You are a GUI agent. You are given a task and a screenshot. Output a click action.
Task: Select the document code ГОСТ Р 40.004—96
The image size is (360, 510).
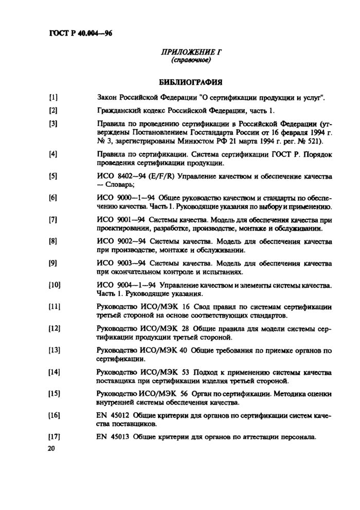pyautogui.click(x=80, y=34)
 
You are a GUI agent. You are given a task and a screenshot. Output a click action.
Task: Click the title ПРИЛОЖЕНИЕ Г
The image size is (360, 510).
pyautogui.click(x=190, y=52)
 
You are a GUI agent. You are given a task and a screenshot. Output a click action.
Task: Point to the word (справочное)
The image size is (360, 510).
pyautogui.click(x=190, y=61)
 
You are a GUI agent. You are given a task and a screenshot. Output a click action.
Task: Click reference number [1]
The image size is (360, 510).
pyautogui.click(x=53, y=96)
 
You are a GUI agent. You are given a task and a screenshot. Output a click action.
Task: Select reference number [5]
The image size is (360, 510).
pyautogui.click(x=53, y=177)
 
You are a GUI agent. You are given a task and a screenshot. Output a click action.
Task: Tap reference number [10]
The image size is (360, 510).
pyautogui.click(x=55, y=285)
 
